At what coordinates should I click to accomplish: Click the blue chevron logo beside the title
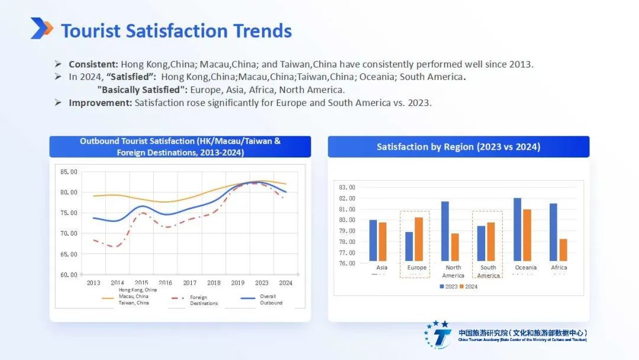point(41,28)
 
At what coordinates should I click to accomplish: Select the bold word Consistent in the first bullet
point(93,64)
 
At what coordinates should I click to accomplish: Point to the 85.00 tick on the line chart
point(69,172)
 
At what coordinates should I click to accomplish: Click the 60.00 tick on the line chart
point(69,275)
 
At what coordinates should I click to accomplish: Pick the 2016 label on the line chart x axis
point(166,283)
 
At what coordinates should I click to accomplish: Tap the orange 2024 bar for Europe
point(418,239)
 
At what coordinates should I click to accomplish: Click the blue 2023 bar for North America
point(445,231)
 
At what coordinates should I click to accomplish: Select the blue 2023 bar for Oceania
point(518,229)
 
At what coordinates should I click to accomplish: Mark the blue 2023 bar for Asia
point(373,240)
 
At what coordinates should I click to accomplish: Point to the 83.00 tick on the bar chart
point(347,187)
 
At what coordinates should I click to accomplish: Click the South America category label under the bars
point(488,272)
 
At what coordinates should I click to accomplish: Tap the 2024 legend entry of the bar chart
point(469,287)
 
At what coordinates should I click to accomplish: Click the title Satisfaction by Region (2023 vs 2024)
point(459,147)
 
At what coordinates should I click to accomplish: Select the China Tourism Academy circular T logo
point(439,335)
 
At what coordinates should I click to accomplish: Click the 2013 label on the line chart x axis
point(93,283)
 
